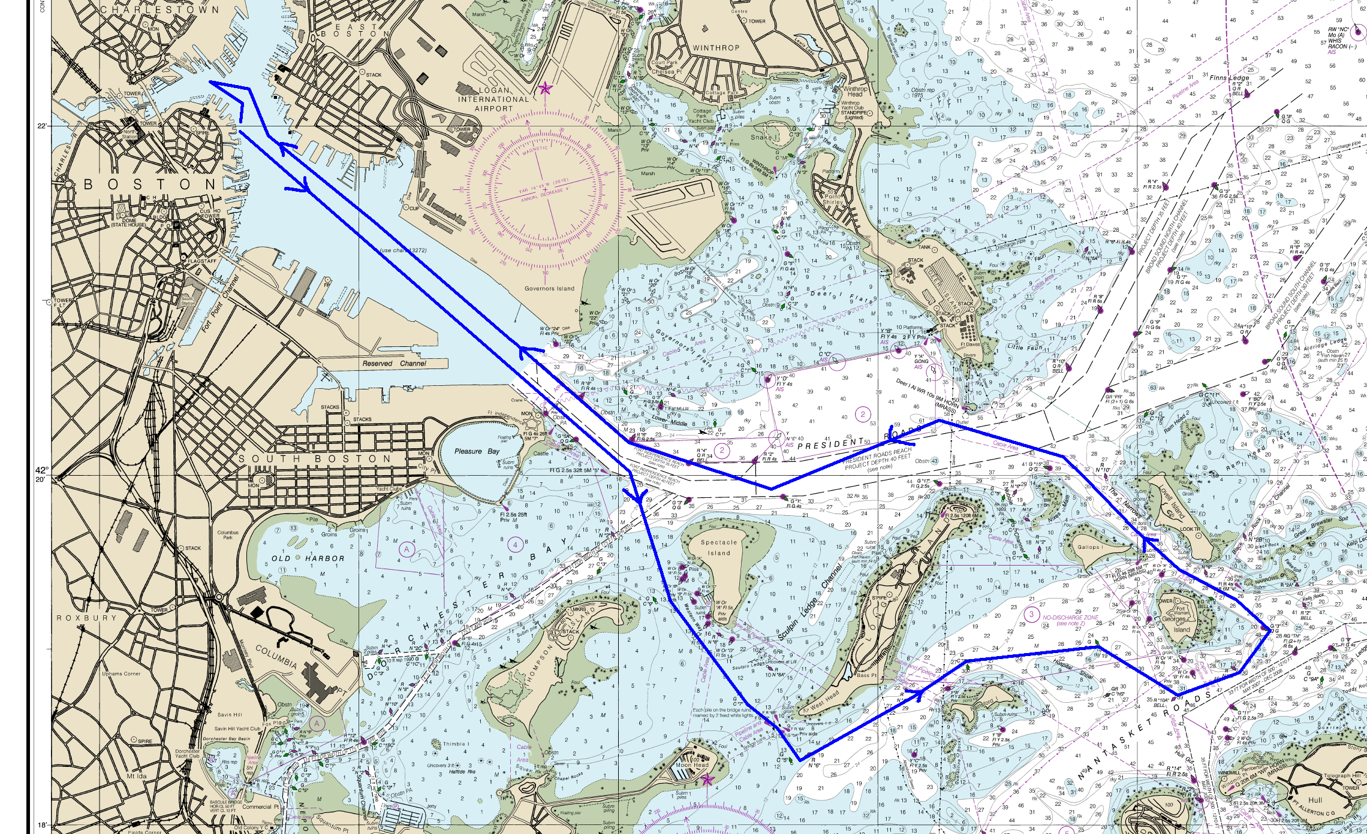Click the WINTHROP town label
716,48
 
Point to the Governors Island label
549,289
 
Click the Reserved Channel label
394,364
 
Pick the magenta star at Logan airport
544,89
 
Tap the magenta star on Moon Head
707,779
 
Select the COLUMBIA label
276,657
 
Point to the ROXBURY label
87,618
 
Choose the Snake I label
763,137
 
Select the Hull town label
1315,800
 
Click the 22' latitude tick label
42,126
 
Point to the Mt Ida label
137,776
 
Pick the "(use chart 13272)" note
403,250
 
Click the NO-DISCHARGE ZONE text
1070,617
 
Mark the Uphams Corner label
121,673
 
